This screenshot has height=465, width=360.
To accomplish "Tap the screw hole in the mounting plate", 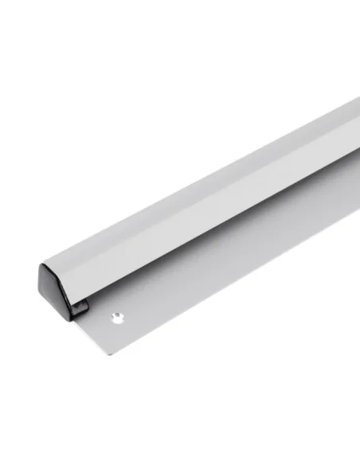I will click(118, 317).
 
